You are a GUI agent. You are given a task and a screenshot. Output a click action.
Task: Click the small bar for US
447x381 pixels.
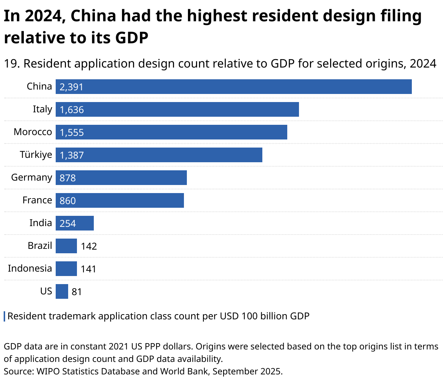click(x=62, y=291)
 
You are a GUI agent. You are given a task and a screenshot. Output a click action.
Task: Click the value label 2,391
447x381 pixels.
click(x=71, y=87)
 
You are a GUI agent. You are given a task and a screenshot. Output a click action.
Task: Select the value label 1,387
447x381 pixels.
click(x=72, y=155)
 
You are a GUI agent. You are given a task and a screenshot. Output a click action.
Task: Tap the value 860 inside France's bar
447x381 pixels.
click(x=68, y=201)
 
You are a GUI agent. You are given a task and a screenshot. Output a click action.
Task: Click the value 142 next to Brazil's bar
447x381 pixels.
click(x=89, y=246)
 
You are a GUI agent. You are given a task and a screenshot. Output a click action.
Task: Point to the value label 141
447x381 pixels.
click(x=88, y=269)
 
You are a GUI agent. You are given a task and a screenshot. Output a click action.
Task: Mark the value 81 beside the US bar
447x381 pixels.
click(x=77, y=292)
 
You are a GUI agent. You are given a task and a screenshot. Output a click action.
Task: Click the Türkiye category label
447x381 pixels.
click(x=36, y=155)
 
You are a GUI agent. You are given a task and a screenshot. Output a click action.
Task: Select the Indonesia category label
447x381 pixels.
click(x=30, y=268)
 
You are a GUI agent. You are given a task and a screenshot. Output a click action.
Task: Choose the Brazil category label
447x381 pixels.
click(x=40, y=246)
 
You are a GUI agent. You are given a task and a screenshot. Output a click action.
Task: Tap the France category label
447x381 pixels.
click(x=37, y=200)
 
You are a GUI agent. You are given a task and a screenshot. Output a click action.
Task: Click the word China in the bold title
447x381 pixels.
click(x=93, y=16)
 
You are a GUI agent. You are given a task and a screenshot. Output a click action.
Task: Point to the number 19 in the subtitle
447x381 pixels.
click(x=11, y=63)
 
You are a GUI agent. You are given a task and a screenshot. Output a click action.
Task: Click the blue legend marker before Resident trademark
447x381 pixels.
click(x=4, y=316)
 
